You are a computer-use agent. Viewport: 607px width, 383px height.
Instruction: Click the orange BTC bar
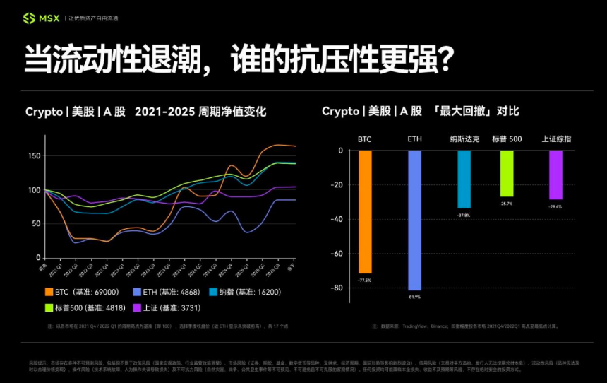tap(365, 211)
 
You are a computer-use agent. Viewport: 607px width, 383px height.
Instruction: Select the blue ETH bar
tap(414, 220)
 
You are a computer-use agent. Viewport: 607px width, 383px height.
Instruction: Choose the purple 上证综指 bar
tap(555, 175)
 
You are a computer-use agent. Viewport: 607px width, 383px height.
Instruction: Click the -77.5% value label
tap(365, 280)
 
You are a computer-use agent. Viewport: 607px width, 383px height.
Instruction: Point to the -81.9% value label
tap(414, 297)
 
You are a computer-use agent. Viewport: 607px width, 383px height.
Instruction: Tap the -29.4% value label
tap(555, 206)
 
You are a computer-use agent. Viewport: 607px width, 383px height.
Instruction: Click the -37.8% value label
tap(464, 215)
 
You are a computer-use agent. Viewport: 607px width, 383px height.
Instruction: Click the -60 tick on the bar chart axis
tap(337, 254)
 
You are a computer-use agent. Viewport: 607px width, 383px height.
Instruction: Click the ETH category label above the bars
tap(414, 139)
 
